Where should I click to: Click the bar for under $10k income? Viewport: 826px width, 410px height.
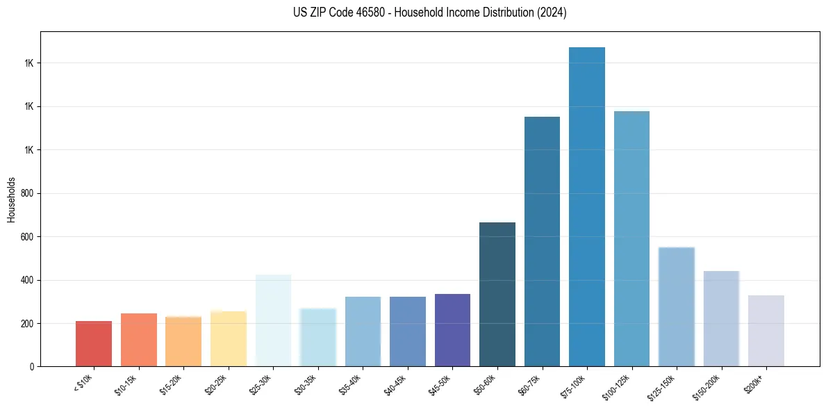click(x=94, y=343)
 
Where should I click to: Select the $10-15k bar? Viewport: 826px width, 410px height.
click(x=138, y=340)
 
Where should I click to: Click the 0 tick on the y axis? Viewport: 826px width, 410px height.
click(x=32, y=367)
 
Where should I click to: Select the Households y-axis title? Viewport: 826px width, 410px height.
click(x=11, y=199)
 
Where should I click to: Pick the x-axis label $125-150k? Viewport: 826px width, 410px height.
click(x=663, y=386)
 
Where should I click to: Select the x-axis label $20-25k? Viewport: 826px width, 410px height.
click(x=217, y=384)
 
